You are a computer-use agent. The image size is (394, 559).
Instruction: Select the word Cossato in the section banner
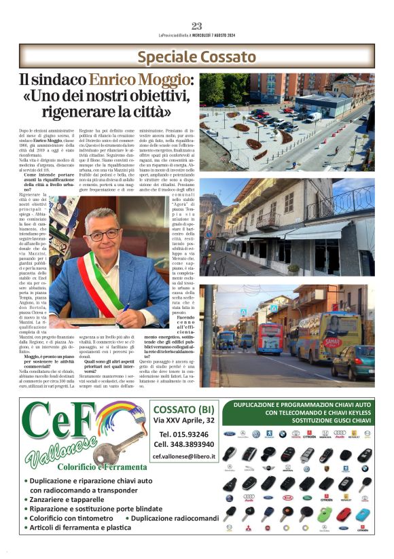click(226, 56)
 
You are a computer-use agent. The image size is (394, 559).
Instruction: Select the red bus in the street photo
click(270, 338)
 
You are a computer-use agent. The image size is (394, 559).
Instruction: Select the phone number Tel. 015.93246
click(183, 433)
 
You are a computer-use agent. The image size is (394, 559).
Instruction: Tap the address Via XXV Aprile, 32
click(183, 420)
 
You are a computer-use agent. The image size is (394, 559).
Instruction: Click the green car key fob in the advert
click(325, 513)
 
